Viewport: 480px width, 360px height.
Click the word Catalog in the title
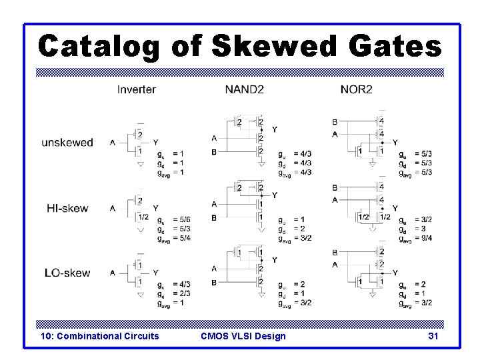[99, 47]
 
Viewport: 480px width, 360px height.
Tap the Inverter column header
[137, 89]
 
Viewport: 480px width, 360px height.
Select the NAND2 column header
[245, 89]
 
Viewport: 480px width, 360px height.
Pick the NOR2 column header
[356, 89]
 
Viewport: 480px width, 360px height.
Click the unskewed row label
[67, 143]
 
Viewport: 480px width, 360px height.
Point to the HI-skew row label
[67, 208]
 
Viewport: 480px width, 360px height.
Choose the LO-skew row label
[67, 273]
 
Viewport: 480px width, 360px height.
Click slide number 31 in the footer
[433, 336]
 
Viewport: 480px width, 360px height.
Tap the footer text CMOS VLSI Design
[243, 336]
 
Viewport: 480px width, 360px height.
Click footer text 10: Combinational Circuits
[100, 336]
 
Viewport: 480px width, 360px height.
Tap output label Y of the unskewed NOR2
[395, 143]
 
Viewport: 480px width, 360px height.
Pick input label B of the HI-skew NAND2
[214, 218]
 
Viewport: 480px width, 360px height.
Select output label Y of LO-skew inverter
[155, 273]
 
